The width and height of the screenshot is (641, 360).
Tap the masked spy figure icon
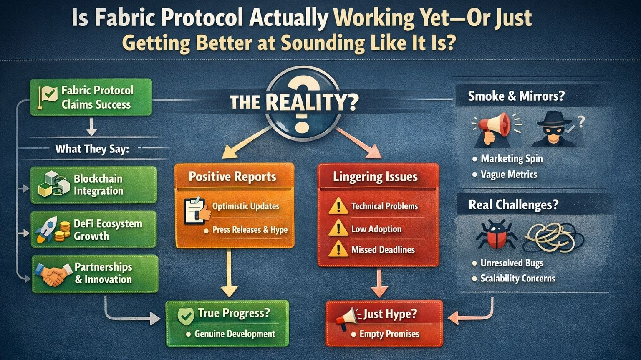click(554, 129)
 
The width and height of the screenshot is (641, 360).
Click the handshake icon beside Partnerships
click(52, 274)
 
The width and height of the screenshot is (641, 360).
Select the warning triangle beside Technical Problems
click(338, 206)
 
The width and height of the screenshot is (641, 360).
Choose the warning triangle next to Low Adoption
click(338, 228)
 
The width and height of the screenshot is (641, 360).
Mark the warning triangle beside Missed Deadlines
click(338, 250)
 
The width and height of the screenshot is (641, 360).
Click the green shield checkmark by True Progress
click(185, 316)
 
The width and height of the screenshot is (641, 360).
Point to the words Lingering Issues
click(375, 177)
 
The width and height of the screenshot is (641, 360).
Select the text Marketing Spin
click(512, 159)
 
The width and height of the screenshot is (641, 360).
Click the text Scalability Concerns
click(517, 279)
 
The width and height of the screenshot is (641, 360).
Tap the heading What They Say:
click(92, 149)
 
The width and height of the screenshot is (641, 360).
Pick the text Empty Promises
click(389, 334)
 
